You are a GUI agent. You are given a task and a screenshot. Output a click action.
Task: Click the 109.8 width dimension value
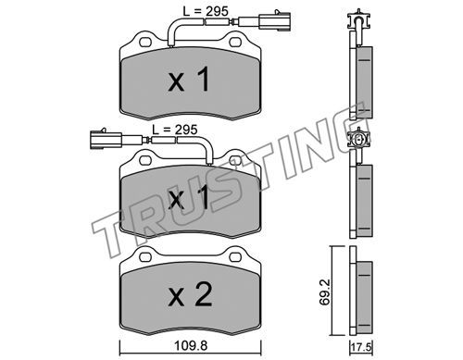(191, 346)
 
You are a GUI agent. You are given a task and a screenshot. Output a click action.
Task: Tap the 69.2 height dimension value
(324, 292)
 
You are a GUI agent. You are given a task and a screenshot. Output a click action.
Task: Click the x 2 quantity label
(190, 295)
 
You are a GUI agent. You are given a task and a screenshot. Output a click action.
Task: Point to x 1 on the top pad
(189, 80)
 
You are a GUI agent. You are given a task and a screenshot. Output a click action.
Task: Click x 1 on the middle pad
(189, 198)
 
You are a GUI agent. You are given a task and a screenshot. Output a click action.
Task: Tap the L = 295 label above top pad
(206, 12)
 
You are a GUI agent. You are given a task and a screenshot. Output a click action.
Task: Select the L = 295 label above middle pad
(175, 130)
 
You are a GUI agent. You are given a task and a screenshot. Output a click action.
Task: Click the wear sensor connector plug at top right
(274, 21)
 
